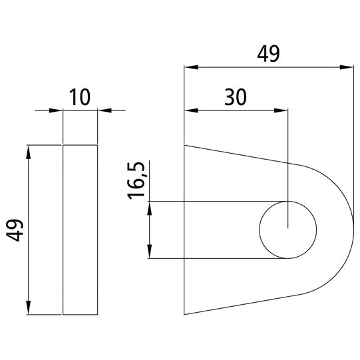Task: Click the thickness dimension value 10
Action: click(x=80, y=98)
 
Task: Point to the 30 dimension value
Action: click(x=235, y=97)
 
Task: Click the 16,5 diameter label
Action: click(x=137, y=180)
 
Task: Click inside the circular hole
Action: click(x=287, y=230)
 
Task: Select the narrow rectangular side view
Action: click(x=80, y=230)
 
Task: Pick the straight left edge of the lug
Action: click(x=184, y=230)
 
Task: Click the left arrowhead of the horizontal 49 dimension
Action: click(x=189, y=67)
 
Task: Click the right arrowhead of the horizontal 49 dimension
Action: click(x=347, y=67)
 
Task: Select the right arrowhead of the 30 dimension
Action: click(x=283, y=110)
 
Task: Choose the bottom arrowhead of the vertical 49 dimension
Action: click(x=28, y=309)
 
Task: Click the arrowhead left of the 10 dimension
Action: click(x=58, y=110)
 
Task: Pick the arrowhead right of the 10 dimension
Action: click(x=102, y=110)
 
